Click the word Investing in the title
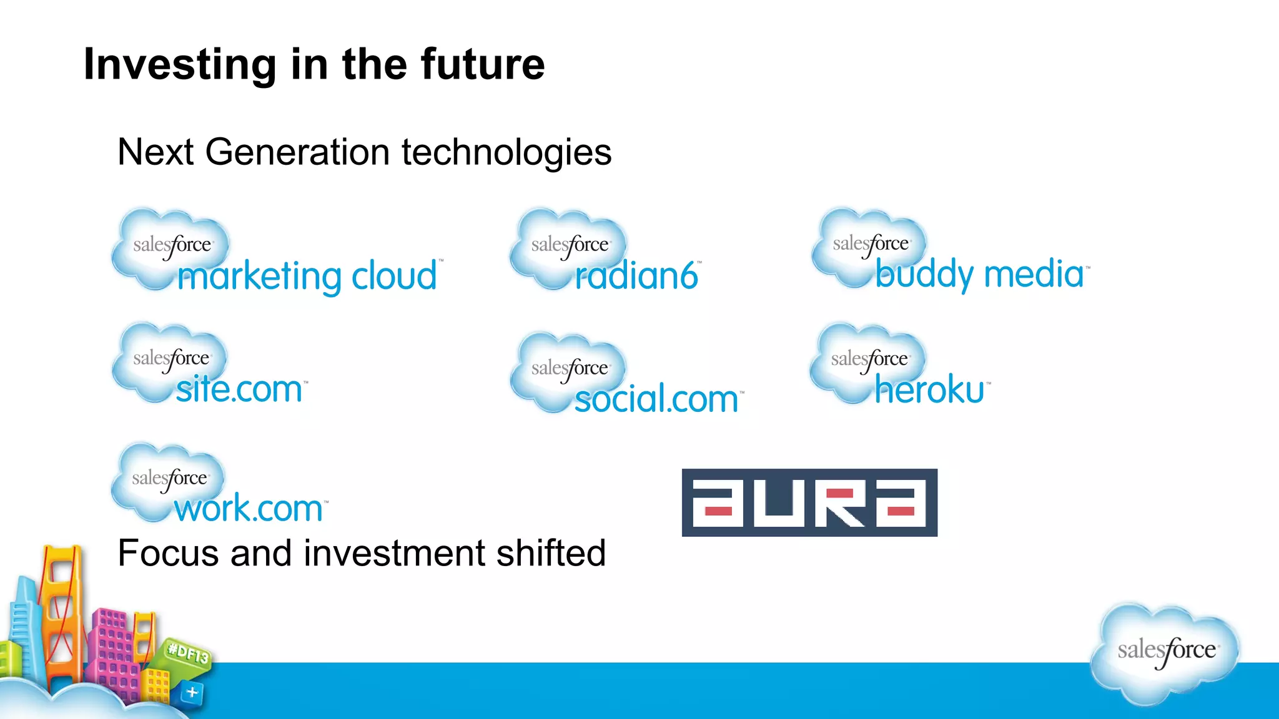coord(180,65)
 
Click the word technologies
coord(506,152)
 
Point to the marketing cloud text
coord(307,276)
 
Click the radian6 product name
coord(636,276)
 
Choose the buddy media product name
coord(979,273)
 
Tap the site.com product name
coord(239,389)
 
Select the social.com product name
coord(656,399)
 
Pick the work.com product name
coord(249,509)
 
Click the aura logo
coord(809,502)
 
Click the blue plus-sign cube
coord(192,692)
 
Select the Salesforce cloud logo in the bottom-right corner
coord(1165,652)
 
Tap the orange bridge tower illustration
coord(61,612)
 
